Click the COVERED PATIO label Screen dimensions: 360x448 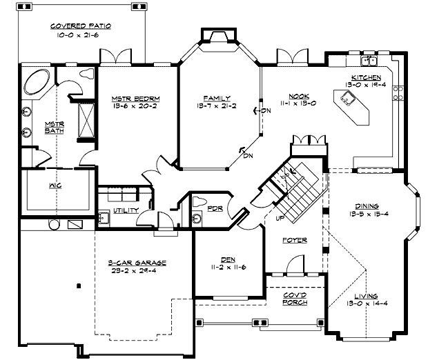click(81, 26)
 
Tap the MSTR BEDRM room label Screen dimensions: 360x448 click(134, 99)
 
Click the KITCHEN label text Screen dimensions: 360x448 click(366, 77)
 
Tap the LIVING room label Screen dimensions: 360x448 click(367, 296)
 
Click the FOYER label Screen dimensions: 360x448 click(295, 240)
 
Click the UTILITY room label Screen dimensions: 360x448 click(126, 210)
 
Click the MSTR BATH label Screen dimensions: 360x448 click(54, 128)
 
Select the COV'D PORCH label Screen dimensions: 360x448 click(295, 298)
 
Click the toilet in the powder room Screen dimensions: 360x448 click(197, 203)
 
